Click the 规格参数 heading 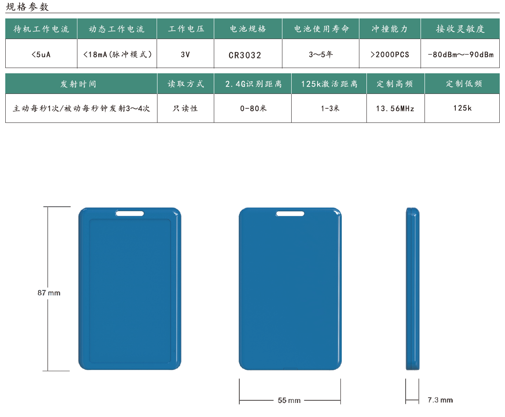(x=27, y=7)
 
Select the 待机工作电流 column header (x=41, y=29)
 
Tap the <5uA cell (x=41, y=54)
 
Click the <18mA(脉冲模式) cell (x=117, y=54)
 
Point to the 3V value (x=185, y=54)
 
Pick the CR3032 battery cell (x=245, y=55)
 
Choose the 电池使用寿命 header (x=322, y=29)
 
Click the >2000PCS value (x=390, y=54)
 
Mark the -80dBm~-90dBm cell (x=461, y=54)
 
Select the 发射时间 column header (x=78, y=84)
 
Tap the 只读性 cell (x=185, y=108)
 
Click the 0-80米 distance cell (x=253, y=108)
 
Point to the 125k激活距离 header (x=329, y=84)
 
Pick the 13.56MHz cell (x=395, y=108)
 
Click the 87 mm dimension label (x=49, y=293)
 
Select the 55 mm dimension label (x=289, y=400)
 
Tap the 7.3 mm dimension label (x=440, y=400)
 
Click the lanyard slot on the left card (x=130, y=213)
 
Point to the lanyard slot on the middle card (x=290, y=213)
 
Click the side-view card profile (x=413, y=289)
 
